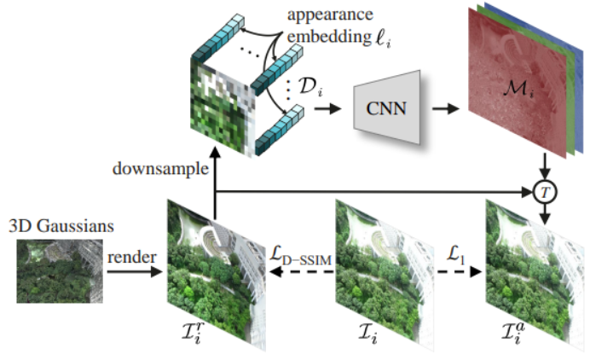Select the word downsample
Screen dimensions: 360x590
[159, 169]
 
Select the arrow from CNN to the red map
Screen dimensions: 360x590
[444, 109]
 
